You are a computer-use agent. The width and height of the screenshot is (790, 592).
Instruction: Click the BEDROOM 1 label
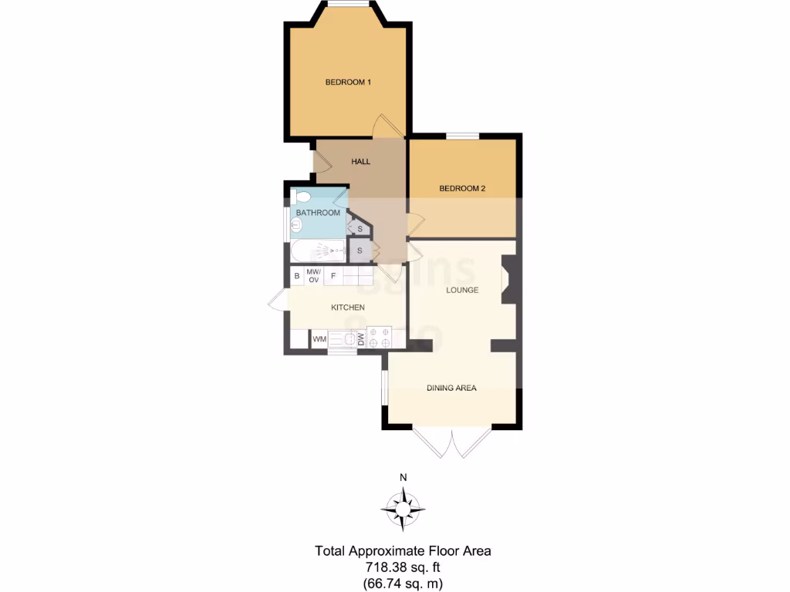(x=348, y=82)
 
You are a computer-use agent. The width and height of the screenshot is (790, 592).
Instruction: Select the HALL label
(x=360, y=162)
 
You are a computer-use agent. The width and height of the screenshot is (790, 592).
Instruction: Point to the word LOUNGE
(x=462, y=291)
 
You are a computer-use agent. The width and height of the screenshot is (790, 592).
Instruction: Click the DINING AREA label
(x=451, y=388)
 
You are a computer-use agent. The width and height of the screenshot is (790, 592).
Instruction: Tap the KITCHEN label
(x=347, y=308)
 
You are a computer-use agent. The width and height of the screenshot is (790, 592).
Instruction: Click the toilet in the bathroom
(x=299, y=196)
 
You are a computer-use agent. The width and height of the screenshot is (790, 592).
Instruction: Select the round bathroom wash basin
(x=296, y=226)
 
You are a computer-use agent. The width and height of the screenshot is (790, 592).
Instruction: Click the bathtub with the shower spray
(x=318, y=251)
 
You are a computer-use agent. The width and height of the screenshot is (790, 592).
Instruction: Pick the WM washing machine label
(x=319, y=338)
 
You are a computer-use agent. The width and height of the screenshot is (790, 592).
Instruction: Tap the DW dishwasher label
(x=360, y=338)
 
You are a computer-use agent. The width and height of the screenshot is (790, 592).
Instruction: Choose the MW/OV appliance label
(x=313, y=276)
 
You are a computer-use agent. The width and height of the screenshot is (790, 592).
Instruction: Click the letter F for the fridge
(x=333, y=276)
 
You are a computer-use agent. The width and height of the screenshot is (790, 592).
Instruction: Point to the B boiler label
(x=297, y=276)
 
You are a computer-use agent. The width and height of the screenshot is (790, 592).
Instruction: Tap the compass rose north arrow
(x=403, y=508)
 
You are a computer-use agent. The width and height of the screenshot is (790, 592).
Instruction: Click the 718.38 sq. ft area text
(x=402, y=567)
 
